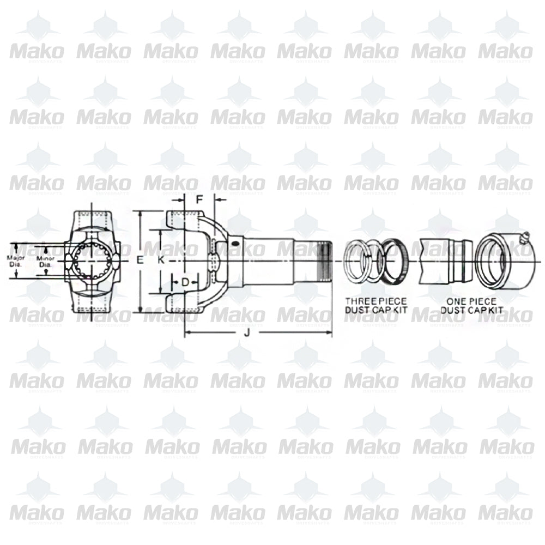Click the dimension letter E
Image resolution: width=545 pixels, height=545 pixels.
[139, 261]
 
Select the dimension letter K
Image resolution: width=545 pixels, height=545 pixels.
[161, 261]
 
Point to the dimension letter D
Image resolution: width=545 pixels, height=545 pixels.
[185, 282]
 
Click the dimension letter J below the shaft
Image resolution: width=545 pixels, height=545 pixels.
[246, 333]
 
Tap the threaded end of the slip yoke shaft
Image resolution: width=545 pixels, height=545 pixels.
[325, 261]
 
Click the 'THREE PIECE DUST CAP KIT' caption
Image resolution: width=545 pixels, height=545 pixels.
[376, 305]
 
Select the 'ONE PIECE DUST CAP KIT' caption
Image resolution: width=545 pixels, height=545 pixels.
[471, 305]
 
